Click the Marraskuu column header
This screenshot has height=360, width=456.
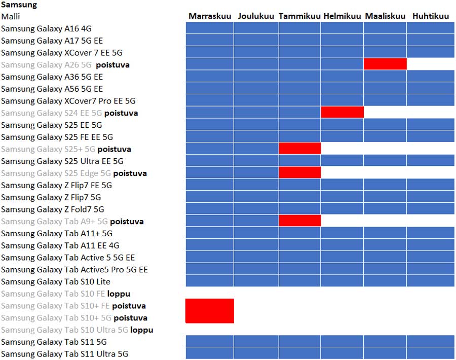[x=210, y=16]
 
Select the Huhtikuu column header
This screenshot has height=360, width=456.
[x=431, y=16]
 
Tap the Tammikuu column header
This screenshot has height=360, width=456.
[x=299, y=16]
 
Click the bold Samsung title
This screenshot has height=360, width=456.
[x=19, y=5]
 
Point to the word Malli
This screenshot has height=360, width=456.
[x=11, y=17]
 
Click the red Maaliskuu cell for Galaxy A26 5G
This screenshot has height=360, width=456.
[x=385, y=64]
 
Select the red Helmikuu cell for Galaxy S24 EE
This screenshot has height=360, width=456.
[x=342, y=113]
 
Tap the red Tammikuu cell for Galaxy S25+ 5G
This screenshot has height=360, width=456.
[x=299, y=149]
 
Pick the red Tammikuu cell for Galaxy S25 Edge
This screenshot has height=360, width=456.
[x=299, y=173]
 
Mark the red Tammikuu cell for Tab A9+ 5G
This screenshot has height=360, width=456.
[x=299, y=221]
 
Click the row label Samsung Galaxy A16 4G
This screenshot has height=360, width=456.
[x=46, y=29]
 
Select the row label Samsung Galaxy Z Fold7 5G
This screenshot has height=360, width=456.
[x=53, y=209]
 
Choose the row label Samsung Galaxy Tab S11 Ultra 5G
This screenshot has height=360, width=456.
[x=64, y=354]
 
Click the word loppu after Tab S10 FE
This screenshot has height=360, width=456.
[x=119, y=294]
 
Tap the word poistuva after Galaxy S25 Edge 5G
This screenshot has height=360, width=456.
[x=130, y=173]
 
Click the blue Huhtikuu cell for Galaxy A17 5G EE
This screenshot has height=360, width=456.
[x=430, y=40]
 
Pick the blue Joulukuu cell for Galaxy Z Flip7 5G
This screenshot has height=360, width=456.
[x=256, y=197]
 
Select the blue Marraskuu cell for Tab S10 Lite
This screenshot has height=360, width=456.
[x=210, y=281]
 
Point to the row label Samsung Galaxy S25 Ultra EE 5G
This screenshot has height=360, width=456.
[x=62, y=161]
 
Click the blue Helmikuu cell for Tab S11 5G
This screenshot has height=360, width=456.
[x=342, y=341]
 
